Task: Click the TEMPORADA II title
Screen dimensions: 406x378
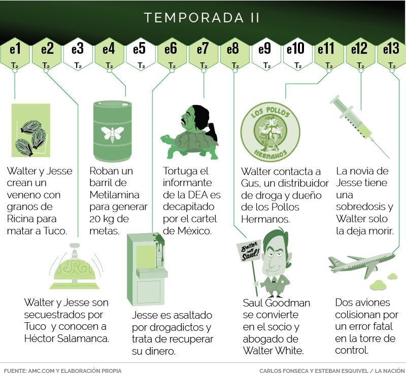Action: tap(201, 18)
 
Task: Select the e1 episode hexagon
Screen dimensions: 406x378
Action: tap(15, 55)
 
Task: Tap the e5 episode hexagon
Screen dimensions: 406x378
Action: tap(141, 55)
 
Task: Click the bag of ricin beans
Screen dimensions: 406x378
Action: tap(31, 130)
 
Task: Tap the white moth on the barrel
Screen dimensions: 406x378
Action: tap(112, 134)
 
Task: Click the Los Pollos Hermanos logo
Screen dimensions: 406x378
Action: tap(270, 132)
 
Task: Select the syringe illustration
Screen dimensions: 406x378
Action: tap(359, 127)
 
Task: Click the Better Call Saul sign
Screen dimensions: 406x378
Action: tap(248, 251)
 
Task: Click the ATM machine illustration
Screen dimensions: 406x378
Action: tap(146, 270)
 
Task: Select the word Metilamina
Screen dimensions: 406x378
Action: tap(115, 195)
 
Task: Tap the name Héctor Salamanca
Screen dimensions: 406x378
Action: tap(66, 338)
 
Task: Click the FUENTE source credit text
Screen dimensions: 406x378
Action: tap(62, 371)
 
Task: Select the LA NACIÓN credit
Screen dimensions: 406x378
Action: tap(390, 371)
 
